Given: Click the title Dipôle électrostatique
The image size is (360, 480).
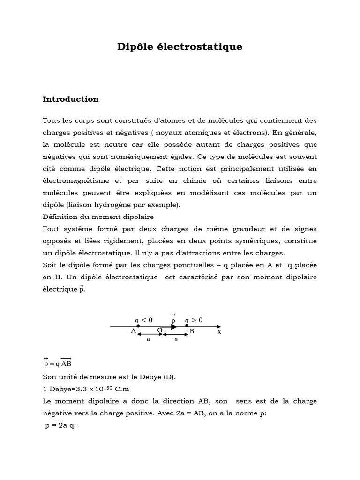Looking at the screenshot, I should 180,47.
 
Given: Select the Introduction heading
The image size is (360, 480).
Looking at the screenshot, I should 71,99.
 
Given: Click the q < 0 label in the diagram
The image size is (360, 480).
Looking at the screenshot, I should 143,320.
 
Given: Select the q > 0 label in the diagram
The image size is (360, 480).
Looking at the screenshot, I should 194,320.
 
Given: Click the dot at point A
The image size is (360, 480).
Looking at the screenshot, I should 138,326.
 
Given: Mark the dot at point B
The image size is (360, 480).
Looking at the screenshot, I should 187,326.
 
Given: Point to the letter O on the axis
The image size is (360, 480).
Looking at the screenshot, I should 160,330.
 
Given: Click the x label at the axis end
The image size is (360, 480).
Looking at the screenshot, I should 219,331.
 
